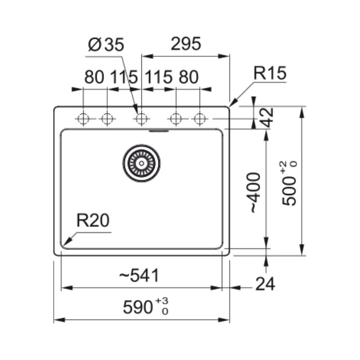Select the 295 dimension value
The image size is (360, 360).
(x=185, y=44)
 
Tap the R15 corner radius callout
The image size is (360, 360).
(x=270, y=73)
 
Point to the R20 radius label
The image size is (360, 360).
(x=93, y=220)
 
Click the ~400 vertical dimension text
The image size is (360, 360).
(x=254, y=192)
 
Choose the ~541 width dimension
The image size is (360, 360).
(x=139, y=275)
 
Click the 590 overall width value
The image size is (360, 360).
(x=138, y=308)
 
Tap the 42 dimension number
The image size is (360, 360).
(x=269, y=118)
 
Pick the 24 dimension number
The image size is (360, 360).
(x=265, y=284)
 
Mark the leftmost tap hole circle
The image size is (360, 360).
(x=83, y=119)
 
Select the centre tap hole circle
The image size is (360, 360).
(x=141, y=119)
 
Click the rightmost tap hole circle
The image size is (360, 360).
(x=199, y=119)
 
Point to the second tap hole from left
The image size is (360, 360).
(x=107, y=119)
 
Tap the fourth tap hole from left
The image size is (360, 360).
(x=176, y=119)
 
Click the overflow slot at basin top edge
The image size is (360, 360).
(x=159, y=131)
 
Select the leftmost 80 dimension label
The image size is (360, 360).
(x=94, y=77)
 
